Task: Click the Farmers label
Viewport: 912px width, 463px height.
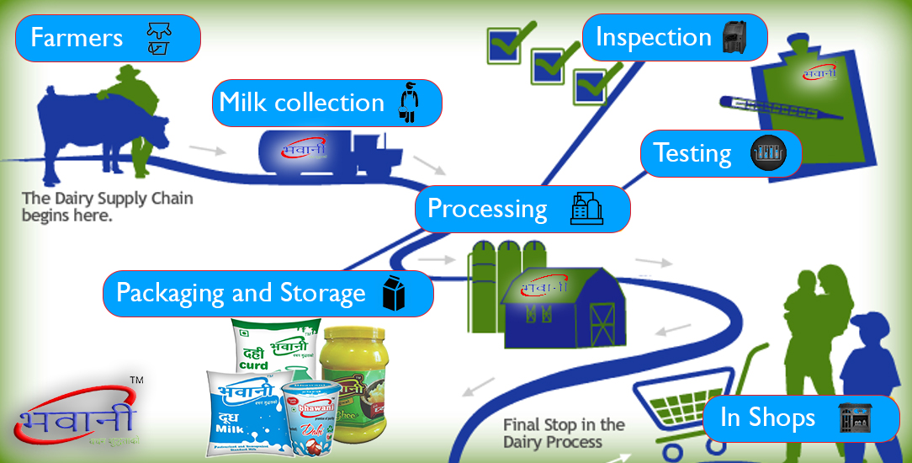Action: tap(77, 38)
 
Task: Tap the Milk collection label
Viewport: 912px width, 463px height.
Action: tap(301, 103)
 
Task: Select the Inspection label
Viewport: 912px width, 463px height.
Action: tap(653, 37)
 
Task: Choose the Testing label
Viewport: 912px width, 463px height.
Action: tap(692, 153)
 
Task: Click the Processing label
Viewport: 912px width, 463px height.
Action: tap(487, 209)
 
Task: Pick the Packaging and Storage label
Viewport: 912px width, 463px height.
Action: tap(241, 293)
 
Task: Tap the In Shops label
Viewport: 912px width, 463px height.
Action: tap(767, 418)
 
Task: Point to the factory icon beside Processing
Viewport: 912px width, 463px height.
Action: tap(586, 209)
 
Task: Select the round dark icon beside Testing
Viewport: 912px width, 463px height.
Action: tap(767, 154)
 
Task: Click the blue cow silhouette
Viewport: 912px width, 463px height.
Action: tap(80, 126)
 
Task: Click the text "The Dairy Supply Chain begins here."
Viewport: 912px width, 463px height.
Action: tap(108, 207)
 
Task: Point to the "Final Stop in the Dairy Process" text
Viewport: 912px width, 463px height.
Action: tap(564, 433)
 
